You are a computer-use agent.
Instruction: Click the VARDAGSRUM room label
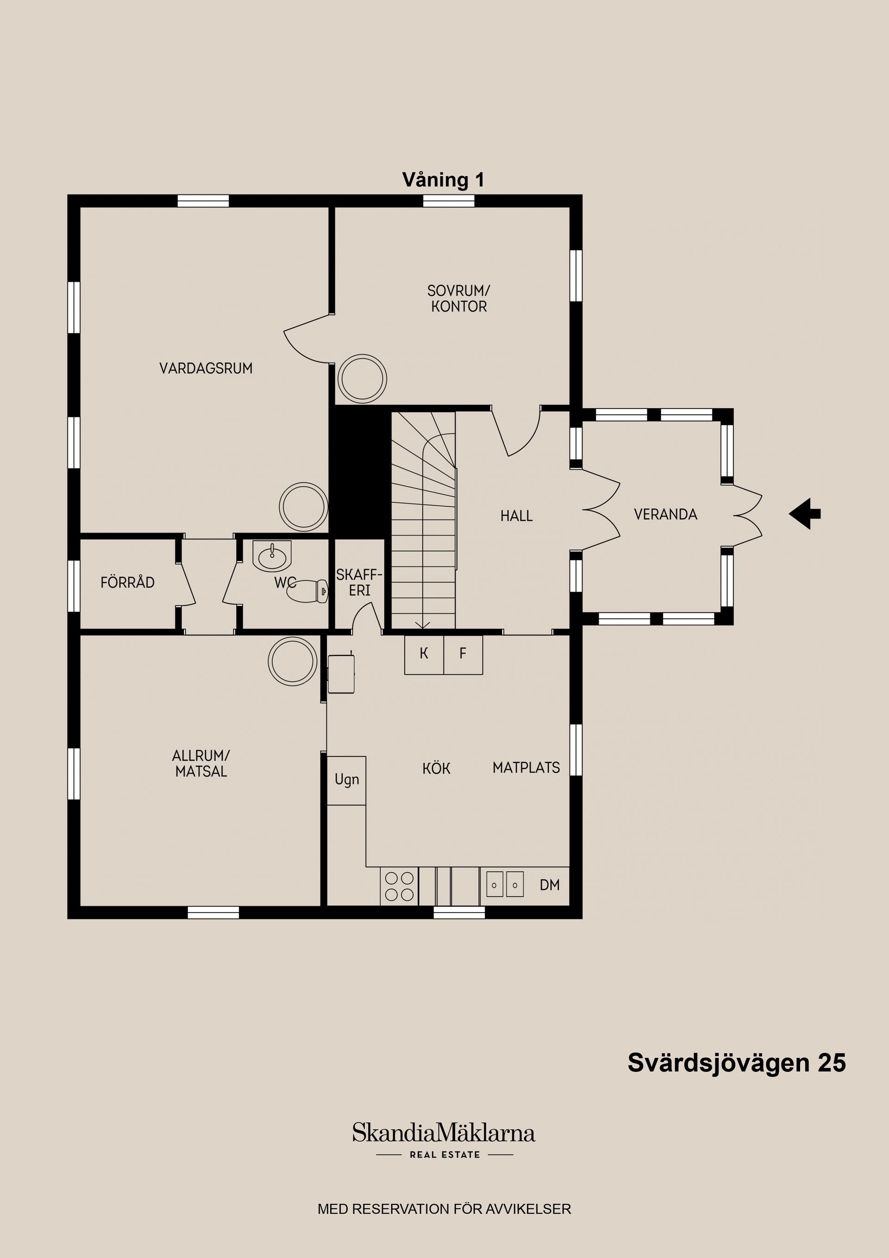(x=206, y=368)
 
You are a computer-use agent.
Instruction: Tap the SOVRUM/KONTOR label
(x=458, y=299)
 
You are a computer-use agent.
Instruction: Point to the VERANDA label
(x=665, y=515)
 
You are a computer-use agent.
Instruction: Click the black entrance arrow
(x=805, y=513)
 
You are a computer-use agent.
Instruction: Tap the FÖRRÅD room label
(x=128, y=582)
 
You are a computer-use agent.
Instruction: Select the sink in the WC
(x=272, y=557)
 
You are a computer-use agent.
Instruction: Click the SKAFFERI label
(x=359, y=582)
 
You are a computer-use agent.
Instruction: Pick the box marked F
(x=463, y=654)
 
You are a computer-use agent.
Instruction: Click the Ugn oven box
(x=346, y=780)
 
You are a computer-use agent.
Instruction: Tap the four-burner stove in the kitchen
(x=399, y=886)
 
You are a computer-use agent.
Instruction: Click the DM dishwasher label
(x=550, y=885)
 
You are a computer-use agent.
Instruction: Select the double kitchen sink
(x=505, y=884)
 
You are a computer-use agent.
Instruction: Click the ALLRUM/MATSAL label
(x=201, y=763)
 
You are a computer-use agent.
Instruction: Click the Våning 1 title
(x=443, y=180)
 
